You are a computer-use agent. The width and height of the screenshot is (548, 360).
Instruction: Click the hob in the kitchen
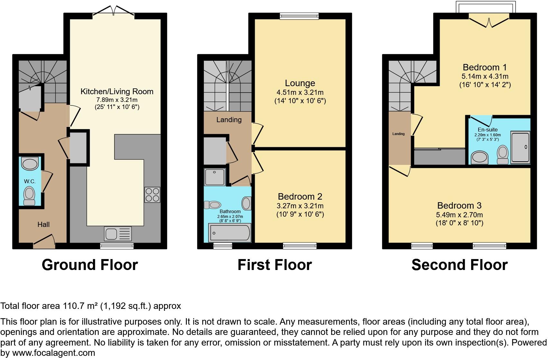[x=152, y=194]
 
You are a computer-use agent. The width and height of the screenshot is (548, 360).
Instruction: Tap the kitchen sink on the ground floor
[x=118, y=234]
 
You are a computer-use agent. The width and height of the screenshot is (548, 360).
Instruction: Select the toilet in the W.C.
[x=30, y=196]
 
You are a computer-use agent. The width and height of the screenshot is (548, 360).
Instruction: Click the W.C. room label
[x=30, y=181]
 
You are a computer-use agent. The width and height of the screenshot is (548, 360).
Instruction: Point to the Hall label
[x=43, y=224]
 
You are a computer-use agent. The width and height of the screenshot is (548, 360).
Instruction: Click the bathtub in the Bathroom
[x=230, y=233]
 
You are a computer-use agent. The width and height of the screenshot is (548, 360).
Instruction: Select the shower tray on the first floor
[x=215, y=177]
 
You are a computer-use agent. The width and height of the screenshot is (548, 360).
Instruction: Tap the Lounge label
[x=300, y=83]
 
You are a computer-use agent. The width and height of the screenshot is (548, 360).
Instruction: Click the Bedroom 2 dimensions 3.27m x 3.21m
[x=300, y=206]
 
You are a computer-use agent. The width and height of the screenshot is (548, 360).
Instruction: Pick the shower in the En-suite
[x=520, y=147]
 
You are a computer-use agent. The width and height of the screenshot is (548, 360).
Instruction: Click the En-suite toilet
[x=502, y=154]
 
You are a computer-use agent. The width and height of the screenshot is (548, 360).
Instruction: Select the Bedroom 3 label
[x=459, y=205]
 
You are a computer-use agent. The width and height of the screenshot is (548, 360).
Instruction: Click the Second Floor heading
[x=459, y=265]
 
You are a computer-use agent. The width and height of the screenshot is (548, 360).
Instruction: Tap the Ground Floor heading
[x=90, y=265]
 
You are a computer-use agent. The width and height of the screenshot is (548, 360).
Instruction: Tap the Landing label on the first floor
[x=229, y=120]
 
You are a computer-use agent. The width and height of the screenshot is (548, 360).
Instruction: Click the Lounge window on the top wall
[x=299, y=16]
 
